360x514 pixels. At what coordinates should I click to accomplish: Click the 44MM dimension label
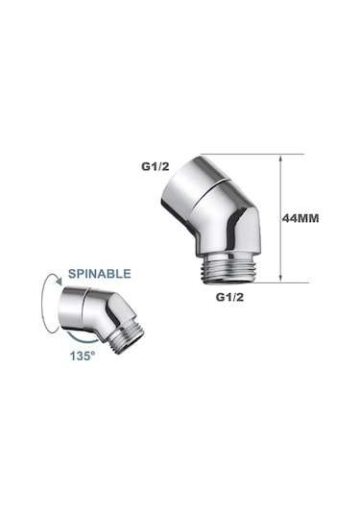(300, 218)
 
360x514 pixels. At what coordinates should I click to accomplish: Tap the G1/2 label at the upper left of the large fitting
(156, 166)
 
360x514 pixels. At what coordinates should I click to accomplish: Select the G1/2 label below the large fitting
(230, 297)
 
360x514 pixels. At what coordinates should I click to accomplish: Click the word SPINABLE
(100, 274)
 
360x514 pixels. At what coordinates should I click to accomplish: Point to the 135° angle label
(83, 355)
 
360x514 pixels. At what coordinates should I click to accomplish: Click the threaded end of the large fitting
(229, 269)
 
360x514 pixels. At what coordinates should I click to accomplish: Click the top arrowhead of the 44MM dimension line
(280, 159)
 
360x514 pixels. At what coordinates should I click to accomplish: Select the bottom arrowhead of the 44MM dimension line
(280, 278)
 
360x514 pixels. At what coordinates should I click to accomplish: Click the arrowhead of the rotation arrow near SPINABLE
(59, 281)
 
